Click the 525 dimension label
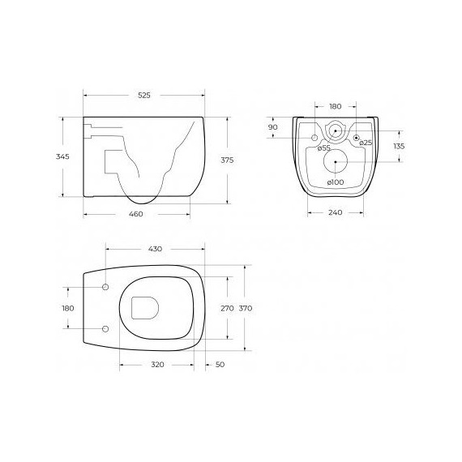(144, 95)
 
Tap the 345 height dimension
(62, 156)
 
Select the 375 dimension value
(227, 160)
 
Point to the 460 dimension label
(136, 214)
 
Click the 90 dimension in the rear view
(273, 127)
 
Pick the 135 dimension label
(399, 146)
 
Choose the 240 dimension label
(336, 212)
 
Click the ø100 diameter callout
(336, 182)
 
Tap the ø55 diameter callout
(324, 148)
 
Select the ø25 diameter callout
(366, 143)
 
